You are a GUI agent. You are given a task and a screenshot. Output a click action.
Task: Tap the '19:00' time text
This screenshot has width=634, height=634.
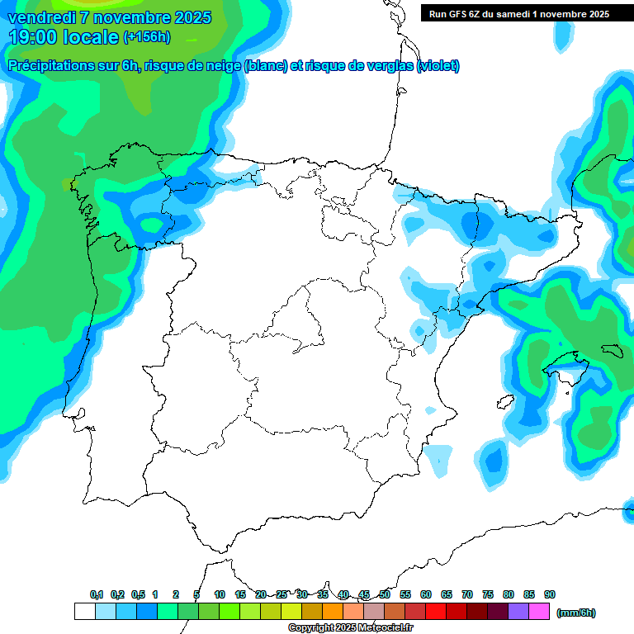[x=34, y=37]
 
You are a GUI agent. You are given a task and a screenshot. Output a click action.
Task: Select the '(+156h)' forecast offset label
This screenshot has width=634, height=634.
[x=148, y=37]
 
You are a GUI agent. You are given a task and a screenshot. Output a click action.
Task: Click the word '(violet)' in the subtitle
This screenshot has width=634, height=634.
[x=438, y=66]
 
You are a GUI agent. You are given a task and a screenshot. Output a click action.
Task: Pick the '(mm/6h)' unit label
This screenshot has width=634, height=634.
[x=576, y=613]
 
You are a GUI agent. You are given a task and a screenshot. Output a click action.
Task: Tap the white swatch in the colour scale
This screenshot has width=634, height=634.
[x=84, y=612]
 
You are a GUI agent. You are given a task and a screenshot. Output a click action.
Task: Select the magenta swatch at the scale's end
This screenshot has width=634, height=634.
[x=539, y=612]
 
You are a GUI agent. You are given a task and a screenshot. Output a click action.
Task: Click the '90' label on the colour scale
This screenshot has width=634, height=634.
[x=550, y=594]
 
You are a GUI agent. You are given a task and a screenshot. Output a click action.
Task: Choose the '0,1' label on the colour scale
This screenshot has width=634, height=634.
[x=97, y=594]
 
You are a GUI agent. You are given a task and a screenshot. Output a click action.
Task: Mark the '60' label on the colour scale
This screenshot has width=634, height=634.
[x=426, y=594]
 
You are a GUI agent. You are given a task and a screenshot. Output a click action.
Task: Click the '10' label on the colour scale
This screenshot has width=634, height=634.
[x=220, y=594]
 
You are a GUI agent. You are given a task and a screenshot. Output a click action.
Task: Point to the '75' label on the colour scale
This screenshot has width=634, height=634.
[x=488, y=594]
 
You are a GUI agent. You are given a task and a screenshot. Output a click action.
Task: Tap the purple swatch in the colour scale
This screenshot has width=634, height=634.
[x=518, y=612]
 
